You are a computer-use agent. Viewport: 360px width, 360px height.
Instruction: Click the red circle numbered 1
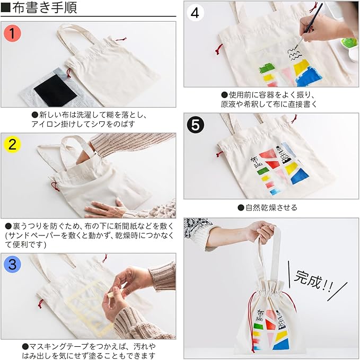[x=12, y=33]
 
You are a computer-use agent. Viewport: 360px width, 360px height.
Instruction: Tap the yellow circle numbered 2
[x=12, y=145]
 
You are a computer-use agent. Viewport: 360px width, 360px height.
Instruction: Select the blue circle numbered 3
[x=12, y=264]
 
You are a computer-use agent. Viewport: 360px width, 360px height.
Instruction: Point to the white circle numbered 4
[x=195, y=13]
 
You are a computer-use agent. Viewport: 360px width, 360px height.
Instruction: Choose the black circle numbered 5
[x=195, y=125]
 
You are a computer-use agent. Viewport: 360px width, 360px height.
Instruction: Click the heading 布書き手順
[x=45, y=7]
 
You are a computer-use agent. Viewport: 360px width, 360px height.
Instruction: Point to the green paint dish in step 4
[x=348, y=44]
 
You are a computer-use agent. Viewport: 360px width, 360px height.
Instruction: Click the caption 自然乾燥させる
[x=271, y=207]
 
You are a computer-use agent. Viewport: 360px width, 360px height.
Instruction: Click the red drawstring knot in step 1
[x=68, y=73]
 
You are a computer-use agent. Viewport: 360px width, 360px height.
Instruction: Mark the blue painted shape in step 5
[x=300, y=175]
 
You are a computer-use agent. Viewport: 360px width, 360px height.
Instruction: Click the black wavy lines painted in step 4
[x=293, y=54]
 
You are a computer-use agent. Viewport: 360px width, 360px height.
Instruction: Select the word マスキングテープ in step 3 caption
[x=59, y=346]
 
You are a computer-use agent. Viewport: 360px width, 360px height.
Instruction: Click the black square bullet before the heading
[x=6, y=7]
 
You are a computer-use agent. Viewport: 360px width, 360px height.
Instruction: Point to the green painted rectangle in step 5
[x=263, y=171]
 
